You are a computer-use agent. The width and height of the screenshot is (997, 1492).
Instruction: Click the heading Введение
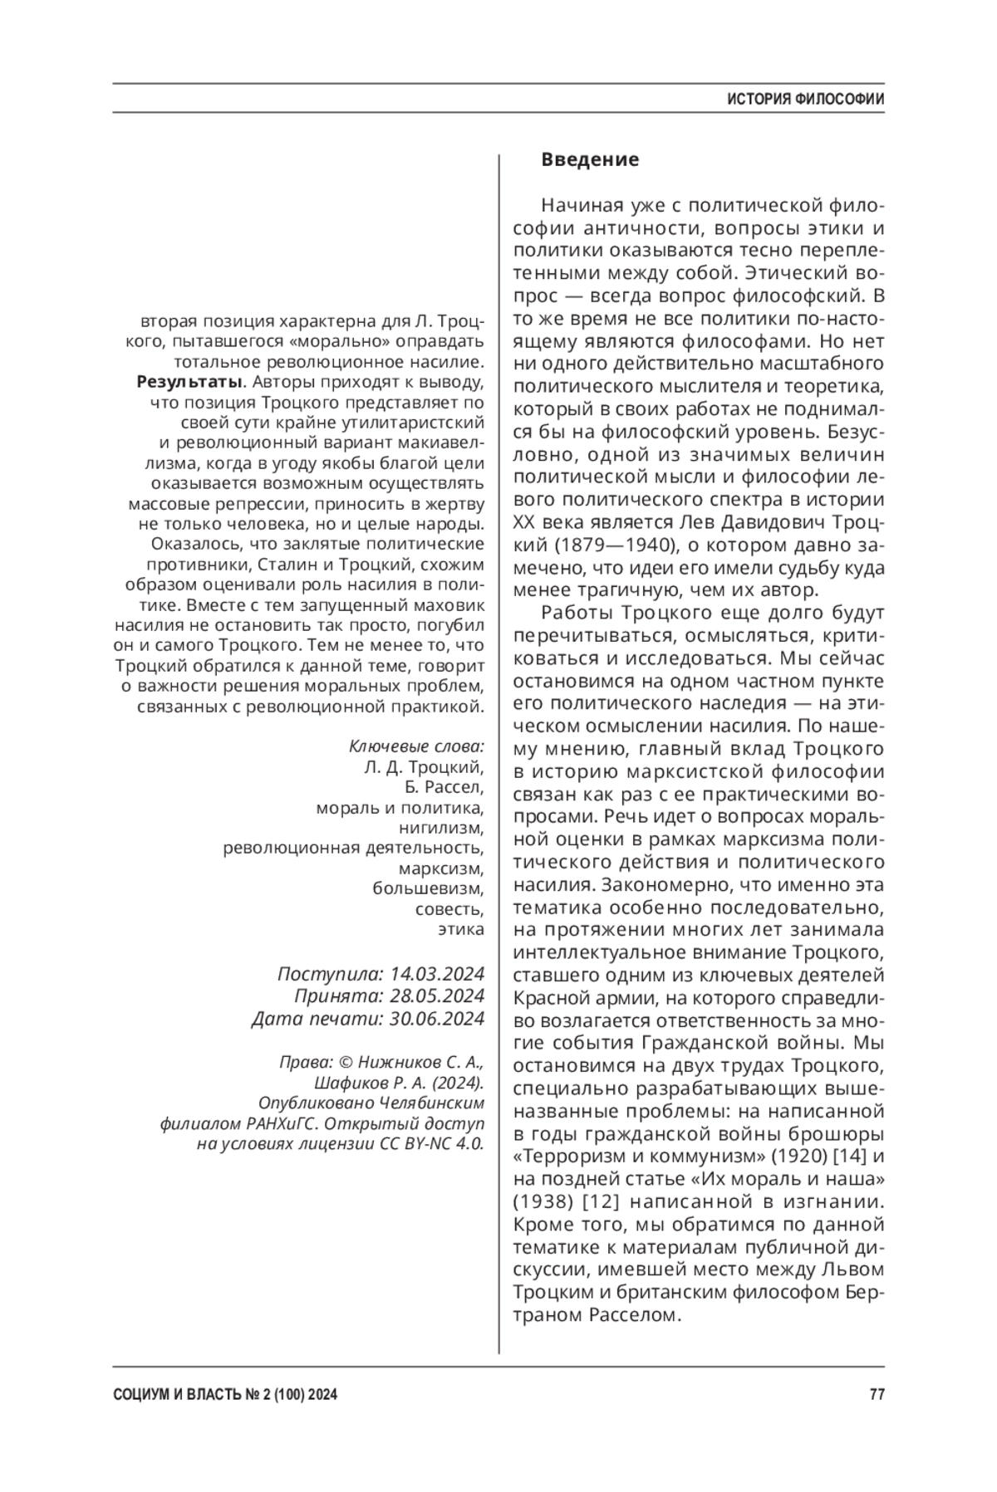pyautogui.click(x=590, y=159)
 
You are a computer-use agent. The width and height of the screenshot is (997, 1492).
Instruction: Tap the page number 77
pyautogui.click(x=877, y=1395)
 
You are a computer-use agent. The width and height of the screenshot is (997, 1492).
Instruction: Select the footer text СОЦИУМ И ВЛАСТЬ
pyautogui.click(x=179, y=1395)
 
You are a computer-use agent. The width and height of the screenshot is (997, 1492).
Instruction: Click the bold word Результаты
pyautogui.click(x=189, y=383)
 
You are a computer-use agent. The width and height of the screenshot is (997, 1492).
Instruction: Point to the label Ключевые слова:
pyautogui.click(x=416, y=746)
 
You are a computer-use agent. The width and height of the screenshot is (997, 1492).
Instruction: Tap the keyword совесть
pyautogui.click(x=449, y=908)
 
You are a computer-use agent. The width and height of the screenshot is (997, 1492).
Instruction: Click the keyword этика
pyautogui.click(x=461, y=929)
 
